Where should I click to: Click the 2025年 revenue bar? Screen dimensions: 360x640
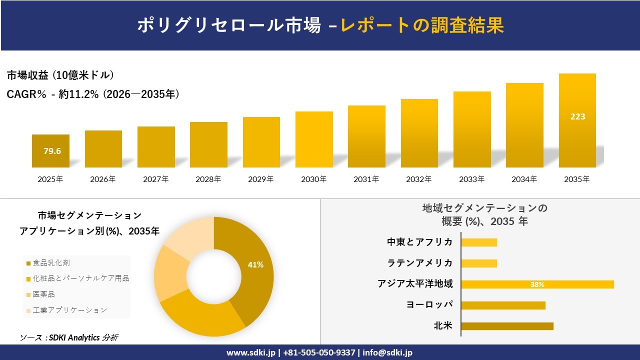point(50,151)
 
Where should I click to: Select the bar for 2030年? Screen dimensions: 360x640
point(314,139)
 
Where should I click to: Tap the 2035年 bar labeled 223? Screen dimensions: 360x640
point(577,120)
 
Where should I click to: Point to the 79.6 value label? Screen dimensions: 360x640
point(52,151)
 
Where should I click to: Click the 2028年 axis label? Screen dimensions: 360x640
point(208,179)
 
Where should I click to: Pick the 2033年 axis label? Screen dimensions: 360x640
point(472,179)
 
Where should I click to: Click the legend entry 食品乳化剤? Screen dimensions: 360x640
point(51,262)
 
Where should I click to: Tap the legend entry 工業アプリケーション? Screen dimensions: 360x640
point(69,310)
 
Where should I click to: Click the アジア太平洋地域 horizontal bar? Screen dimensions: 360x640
point(537,284)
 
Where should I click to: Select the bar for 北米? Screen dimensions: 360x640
point(507,326)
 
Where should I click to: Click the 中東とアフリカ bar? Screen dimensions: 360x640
point(479,242)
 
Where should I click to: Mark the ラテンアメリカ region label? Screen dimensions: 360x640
point(420,263)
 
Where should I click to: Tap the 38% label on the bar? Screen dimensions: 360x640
point(537,284)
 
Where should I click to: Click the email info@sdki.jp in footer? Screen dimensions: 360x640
point(388,352)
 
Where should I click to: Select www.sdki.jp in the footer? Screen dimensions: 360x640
point(250,352)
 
